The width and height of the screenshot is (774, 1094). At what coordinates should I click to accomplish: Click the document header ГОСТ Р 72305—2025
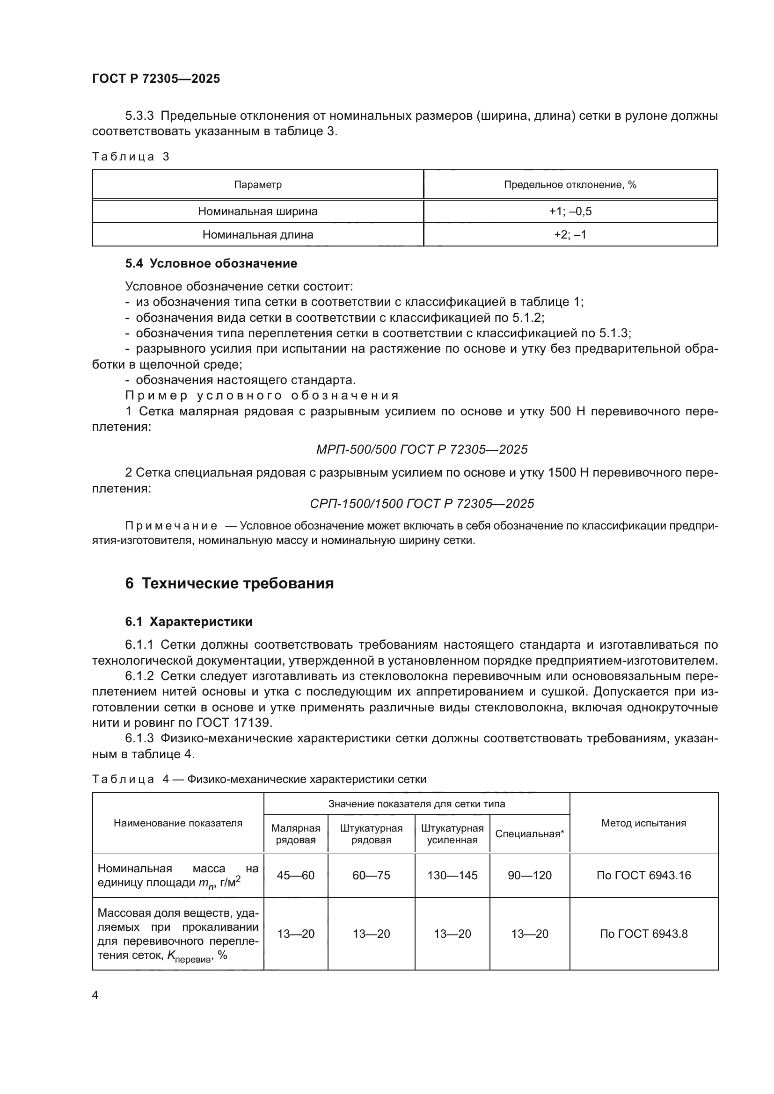[x=156, y=79]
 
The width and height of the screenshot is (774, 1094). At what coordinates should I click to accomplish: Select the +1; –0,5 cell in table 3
[x=570, y=211]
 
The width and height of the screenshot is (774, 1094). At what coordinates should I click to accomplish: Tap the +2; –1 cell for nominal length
[x=570, y=234]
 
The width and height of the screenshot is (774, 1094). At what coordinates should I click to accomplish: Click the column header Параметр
[x=257, y=184]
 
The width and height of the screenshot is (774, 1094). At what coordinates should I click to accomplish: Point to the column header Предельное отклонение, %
[x=570, y=184]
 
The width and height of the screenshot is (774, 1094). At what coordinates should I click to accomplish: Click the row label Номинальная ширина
[x=257, y=211]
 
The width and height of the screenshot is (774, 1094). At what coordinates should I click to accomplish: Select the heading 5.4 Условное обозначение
[x=211, y=263]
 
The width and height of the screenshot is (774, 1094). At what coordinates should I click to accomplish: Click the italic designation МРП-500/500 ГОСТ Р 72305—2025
[x=422, y=449]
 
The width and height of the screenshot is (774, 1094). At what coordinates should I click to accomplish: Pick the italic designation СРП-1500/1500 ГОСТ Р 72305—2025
[x=422, y=504]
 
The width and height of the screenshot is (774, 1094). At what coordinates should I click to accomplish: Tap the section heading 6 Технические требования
[x=229, y=584]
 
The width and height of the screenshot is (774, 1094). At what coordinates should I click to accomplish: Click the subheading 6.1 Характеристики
[x=189, y=622]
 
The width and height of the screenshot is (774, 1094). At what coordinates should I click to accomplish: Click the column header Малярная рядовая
[x=295, y=834]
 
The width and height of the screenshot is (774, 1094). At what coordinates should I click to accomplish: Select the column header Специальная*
[x=530, y=834]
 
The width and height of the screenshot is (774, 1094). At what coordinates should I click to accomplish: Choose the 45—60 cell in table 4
[x=295, y=875]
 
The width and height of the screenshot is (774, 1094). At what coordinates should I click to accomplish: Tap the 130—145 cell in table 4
[x=453, y=875]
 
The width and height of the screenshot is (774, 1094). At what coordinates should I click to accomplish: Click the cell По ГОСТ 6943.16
[x=643, y=875]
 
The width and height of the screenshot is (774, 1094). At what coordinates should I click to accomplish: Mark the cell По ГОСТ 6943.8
[x=643, y=934]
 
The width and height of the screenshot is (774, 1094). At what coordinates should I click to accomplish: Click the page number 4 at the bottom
[x=95, y=995]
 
